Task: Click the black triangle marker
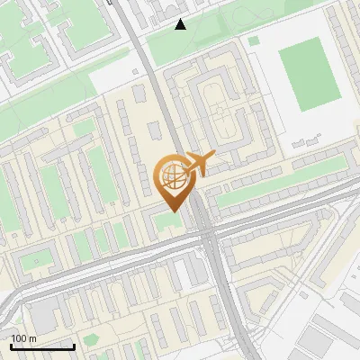click(x=181, y=24)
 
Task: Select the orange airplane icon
click(x=200, y=164)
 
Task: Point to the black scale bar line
click(x=42, y=346)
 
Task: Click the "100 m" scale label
click(x=23, y=338)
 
